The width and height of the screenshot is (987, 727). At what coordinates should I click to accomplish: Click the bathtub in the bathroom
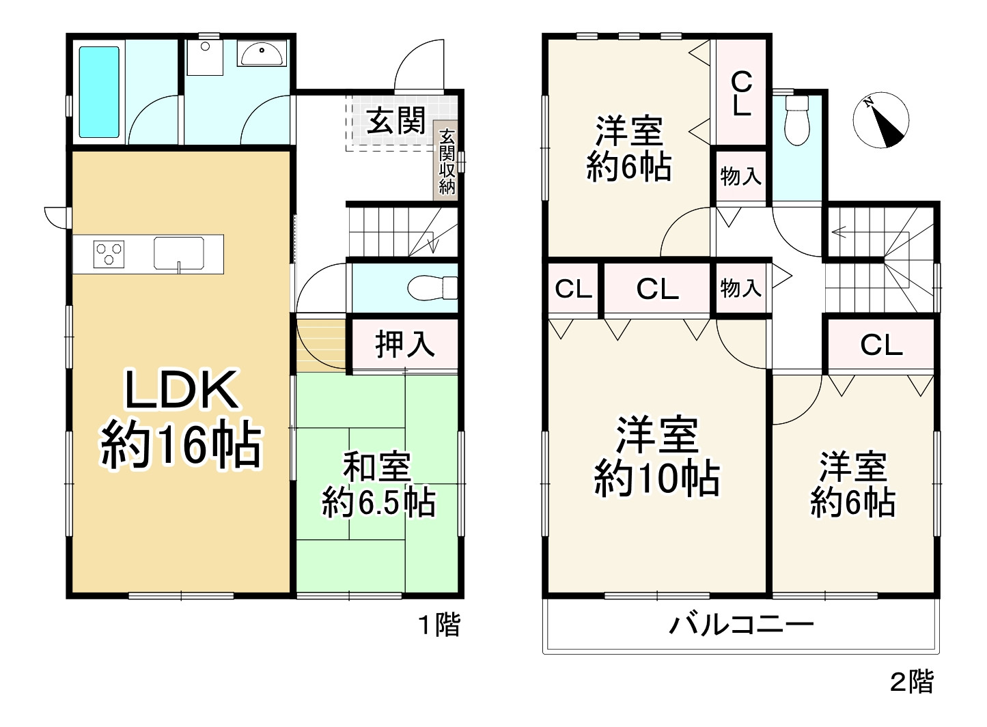[99, 91]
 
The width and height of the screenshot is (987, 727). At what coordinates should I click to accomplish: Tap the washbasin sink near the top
[262, 53]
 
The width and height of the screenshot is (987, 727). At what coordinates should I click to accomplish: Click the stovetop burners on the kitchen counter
[108, 254]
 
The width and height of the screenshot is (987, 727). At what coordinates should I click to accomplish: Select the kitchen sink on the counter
[179, 253]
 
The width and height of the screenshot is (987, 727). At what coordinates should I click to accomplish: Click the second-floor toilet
[796, 120]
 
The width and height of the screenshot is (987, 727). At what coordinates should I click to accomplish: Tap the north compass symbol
[881, 120]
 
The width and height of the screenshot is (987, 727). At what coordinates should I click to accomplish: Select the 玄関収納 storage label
[447, 162]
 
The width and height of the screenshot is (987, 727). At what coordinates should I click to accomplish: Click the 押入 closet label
[405, 344]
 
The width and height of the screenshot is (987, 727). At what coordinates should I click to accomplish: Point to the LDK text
[181, 390]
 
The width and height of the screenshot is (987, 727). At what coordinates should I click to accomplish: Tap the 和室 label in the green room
[377, 468]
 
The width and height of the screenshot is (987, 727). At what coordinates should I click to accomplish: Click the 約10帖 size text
[657, 478]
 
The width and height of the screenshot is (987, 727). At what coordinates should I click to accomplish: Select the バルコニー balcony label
[741, 624]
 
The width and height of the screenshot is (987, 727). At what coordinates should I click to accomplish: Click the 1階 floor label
[439, 625]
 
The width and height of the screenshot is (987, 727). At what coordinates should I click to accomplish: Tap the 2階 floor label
[911, 681]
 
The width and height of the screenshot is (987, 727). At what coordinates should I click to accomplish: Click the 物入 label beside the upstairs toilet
[740, 176]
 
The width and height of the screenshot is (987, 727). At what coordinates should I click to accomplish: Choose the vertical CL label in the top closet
[741, 94]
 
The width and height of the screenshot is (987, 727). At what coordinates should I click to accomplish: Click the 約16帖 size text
[181, 445]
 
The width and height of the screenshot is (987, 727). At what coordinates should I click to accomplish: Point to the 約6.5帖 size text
[378, 504]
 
